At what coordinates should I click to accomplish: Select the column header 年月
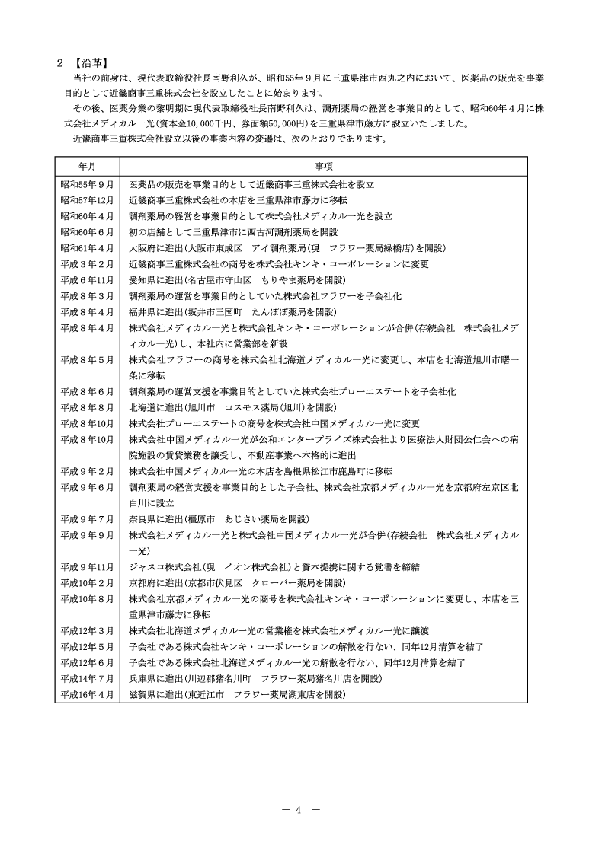(87, 165)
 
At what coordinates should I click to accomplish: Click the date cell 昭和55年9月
(87, 184)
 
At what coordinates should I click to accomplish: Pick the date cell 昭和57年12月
(87, 200)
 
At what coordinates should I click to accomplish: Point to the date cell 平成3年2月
(87, 264)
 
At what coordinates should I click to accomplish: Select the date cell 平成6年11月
(87, 280)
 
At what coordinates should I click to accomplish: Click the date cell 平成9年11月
(87, 566)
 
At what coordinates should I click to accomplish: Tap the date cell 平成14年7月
(87, 678)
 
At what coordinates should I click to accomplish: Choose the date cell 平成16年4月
(87, 694)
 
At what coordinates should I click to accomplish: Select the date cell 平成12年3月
(87, 630)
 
